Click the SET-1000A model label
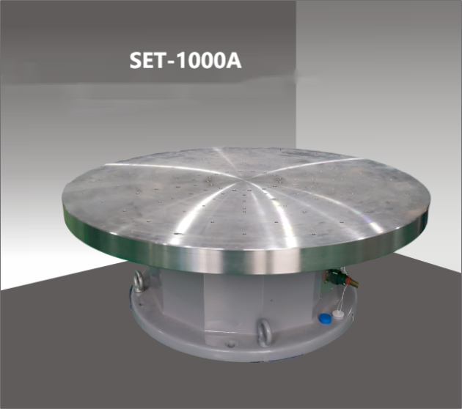[186, 60]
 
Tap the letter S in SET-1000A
[136, 60]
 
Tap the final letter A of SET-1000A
[233, 60]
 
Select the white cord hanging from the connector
[342, 298]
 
